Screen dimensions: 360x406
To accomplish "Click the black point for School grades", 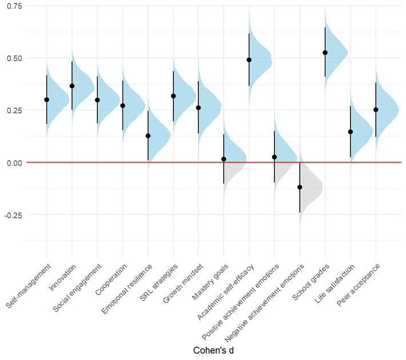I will (325, 53).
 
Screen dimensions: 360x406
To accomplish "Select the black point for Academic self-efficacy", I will (249, 60).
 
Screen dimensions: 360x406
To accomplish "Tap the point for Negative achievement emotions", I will (300, 187).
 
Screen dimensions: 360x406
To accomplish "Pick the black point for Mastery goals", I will (224, 159).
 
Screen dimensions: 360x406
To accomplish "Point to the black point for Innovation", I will (72, 86).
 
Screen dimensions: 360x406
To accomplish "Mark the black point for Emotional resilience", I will (148, 136).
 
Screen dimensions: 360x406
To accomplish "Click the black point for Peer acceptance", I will (376, 110).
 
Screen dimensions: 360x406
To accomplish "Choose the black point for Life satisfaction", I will (351, 132).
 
